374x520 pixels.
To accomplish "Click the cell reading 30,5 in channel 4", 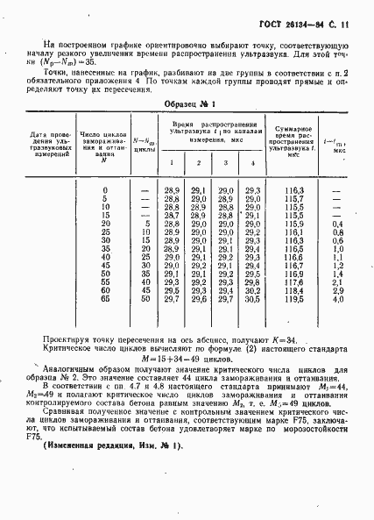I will (x=252, y=299).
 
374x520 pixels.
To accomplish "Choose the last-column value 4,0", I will (x=338, y=299).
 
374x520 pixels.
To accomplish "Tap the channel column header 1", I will (x=172, y=163).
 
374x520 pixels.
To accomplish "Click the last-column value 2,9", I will (x=338, y=290).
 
